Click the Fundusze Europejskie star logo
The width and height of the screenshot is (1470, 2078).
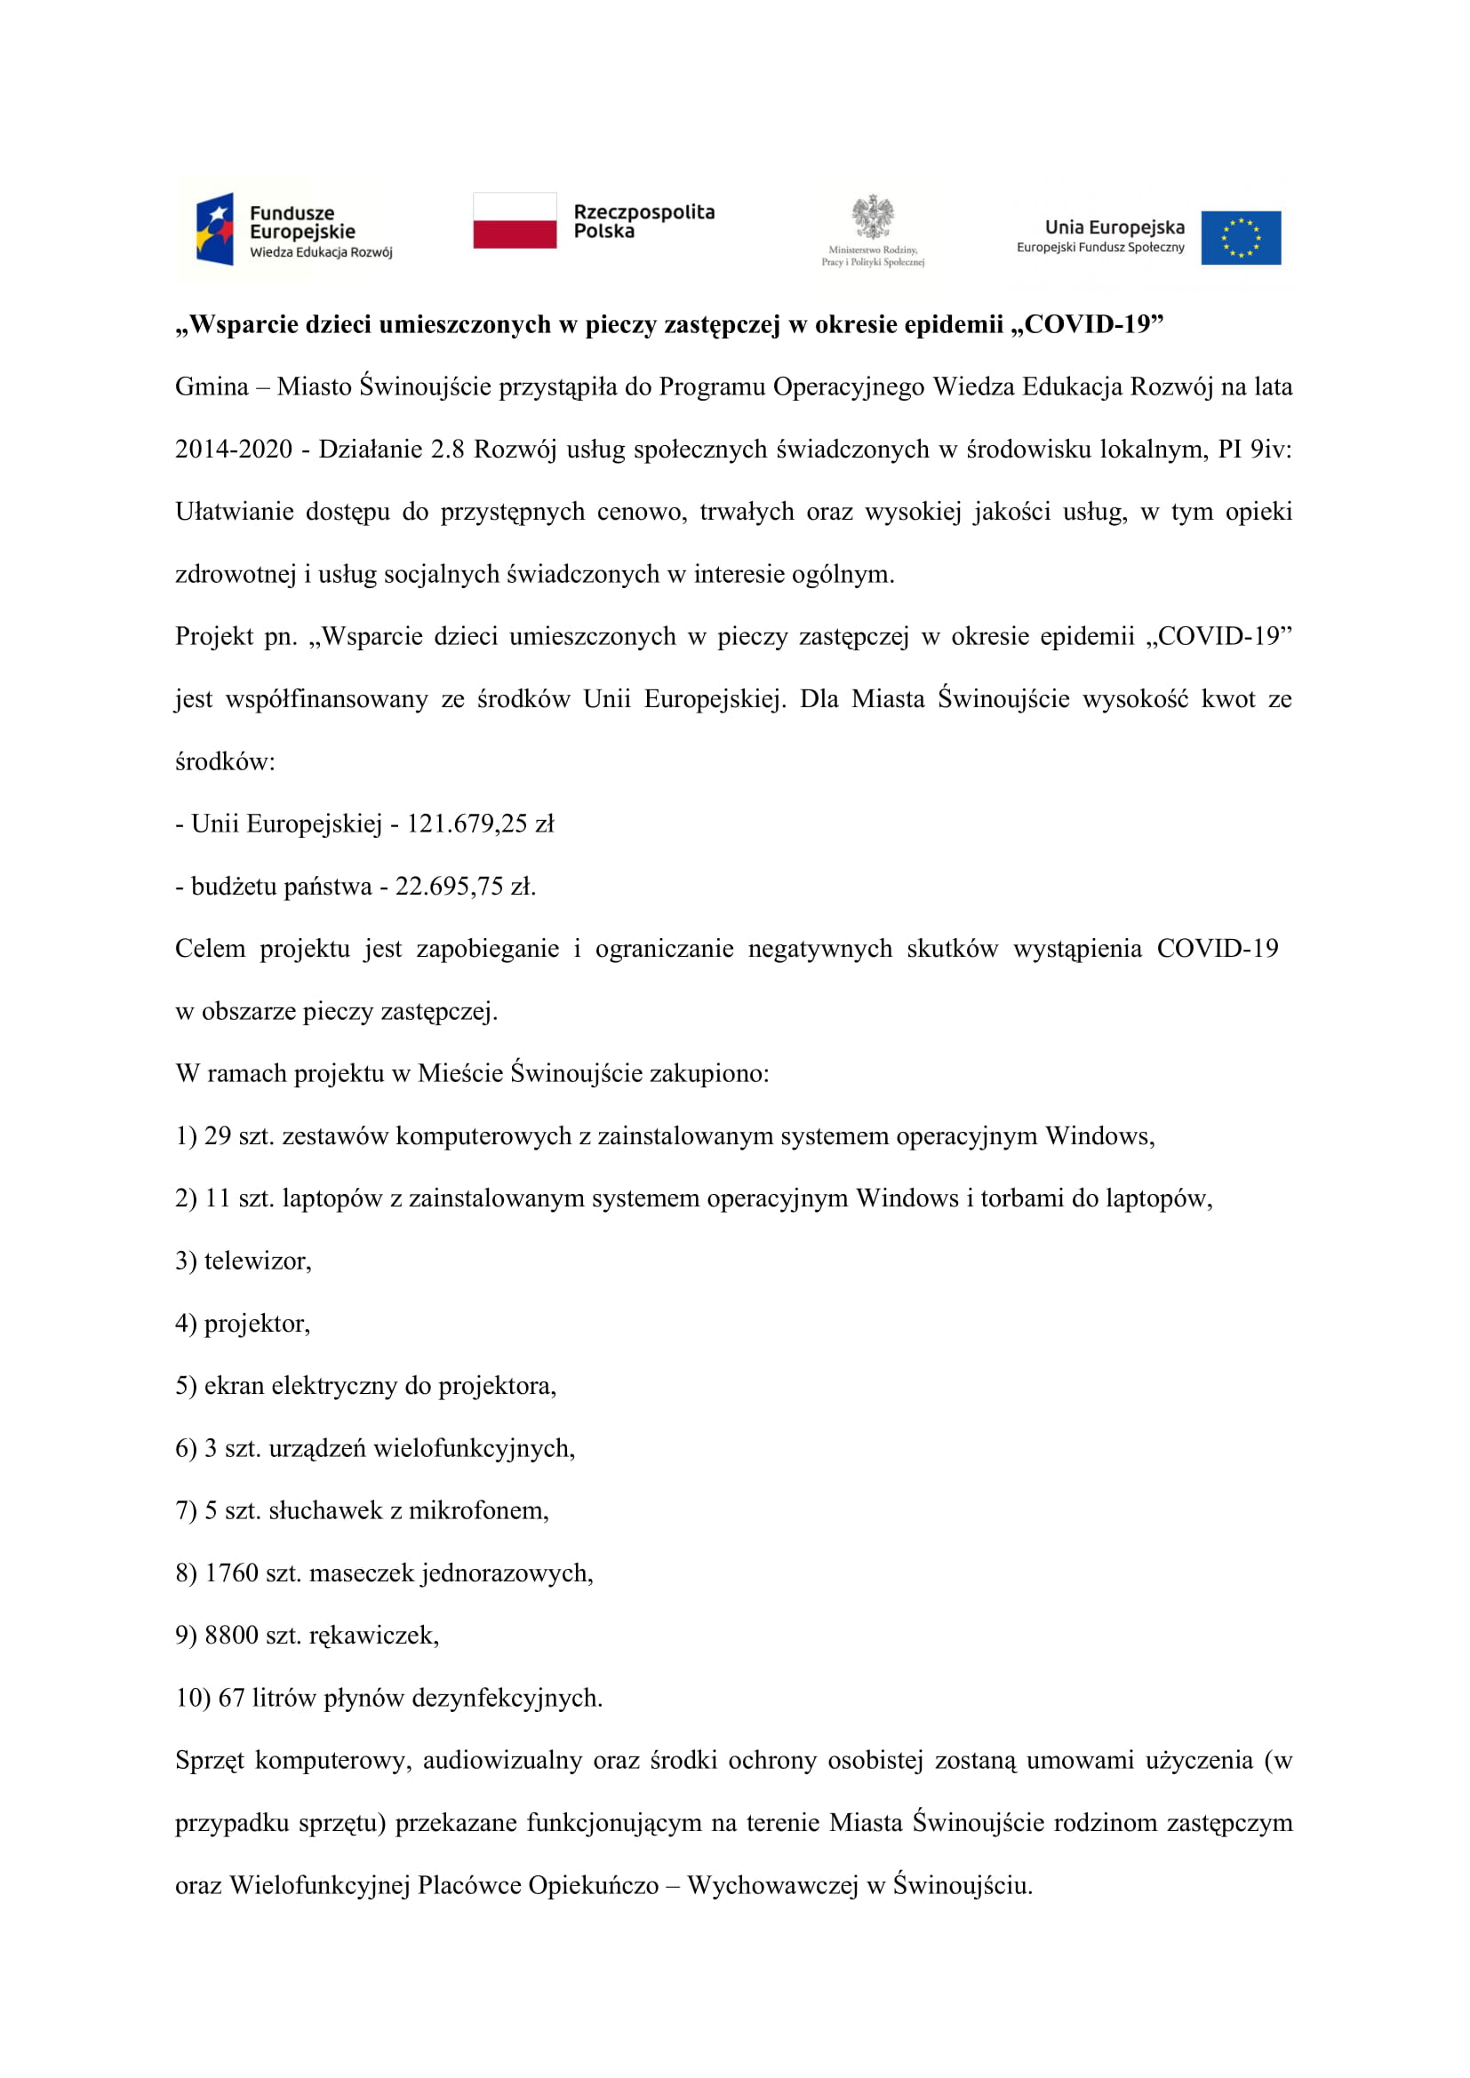tap(215, 229)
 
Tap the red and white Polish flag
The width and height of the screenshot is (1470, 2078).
tap(514, 220)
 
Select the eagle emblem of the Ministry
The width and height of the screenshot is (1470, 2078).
tap(873, 217)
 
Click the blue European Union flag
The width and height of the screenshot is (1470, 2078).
tap(1240, 238)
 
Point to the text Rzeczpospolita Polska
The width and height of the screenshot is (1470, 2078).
tap(643, 222)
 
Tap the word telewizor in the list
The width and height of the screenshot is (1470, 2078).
tap(257, 1261)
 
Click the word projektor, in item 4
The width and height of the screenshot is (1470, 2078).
tap(257, 1324)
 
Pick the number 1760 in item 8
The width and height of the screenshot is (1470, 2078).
tap(232, 1573)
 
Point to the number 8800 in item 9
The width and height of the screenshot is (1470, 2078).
tap(232, 1636)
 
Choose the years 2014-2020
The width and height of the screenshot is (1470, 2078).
tap(234, 450)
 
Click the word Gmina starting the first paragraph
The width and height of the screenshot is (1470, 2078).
tap(212, 387)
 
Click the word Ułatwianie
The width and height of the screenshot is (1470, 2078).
tap(235, 513)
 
